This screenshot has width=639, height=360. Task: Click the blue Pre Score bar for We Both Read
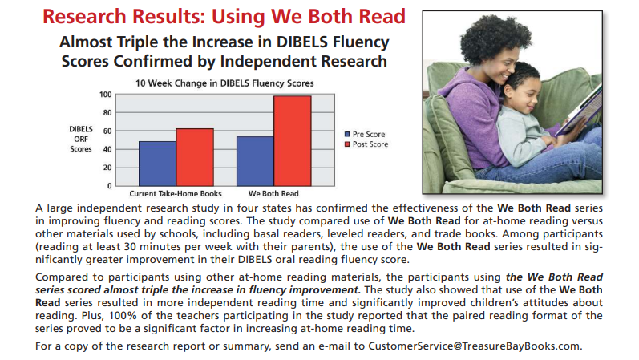pos(255,161)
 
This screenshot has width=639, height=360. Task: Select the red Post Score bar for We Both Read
pos(293,141)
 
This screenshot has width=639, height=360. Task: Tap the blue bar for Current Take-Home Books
pos(157,164)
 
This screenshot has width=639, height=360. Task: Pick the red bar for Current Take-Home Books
pos(195,157)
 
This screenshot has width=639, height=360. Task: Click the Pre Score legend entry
pos(365,134)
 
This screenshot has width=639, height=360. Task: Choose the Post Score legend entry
pos(366,144)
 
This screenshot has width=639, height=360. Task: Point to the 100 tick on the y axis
pos(106,95)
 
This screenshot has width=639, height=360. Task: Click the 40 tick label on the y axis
pos(107,149)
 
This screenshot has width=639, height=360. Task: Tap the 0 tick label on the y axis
pos(109,186)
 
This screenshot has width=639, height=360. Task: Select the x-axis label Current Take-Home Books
pos(176,194)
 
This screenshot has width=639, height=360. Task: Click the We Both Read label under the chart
pos(273,194)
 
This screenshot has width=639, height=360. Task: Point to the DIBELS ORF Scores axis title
pos(81,139)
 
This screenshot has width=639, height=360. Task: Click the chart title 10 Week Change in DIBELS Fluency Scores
pos(224,83)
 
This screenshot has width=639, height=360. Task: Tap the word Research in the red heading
pos(84,17)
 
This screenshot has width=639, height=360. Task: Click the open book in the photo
pos(579,108)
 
